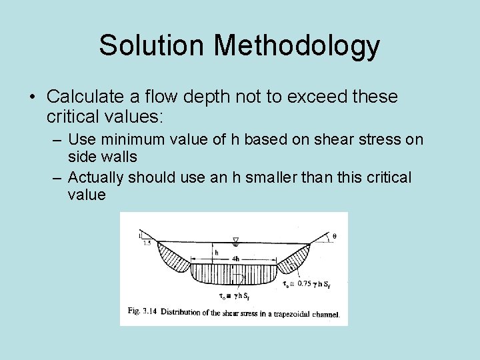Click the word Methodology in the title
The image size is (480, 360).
pos(297,46)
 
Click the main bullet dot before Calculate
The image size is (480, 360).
pos(33,97)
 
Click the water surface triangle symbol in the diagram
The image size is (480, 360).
pos(235,238)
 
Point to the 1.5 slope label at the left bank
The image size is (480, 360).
pos(147,244)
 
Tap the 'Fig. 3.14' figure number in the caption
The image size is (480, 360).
pos(141,311)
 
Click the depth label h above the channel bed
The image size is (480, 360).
pos(217,252)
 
